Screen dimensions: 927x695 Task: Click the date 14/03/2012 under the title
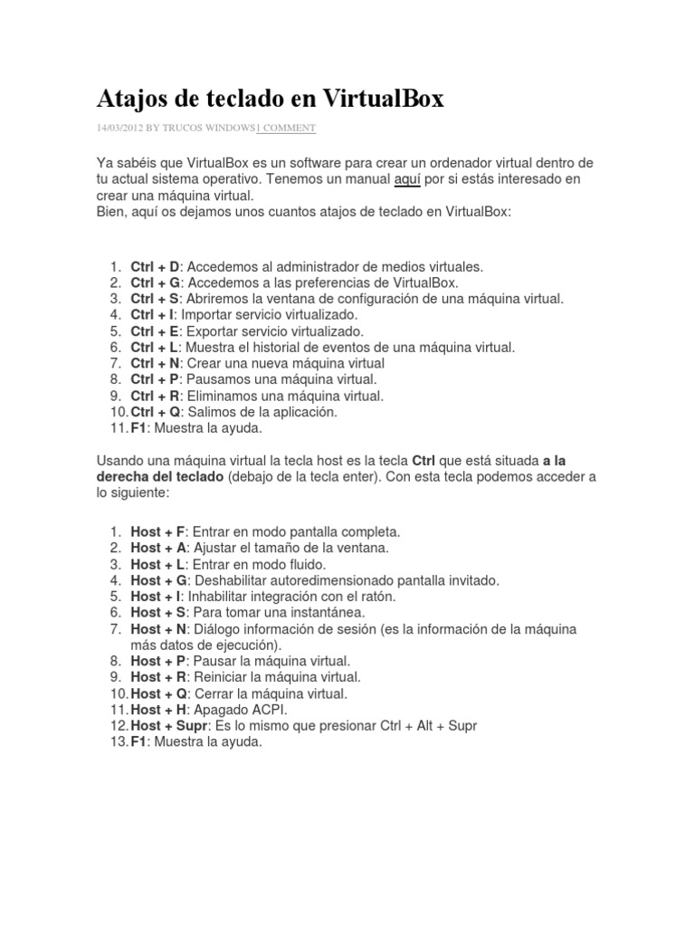[121, 129]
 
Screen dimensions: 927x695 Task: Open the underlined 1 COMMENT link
[286, 129]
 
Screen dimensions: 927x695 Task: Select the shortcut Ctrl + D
[156, 266]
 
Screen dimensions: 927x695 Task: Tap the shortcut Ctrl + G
[156, 282]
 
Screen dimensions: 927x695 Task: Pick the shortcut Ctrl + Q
[156, 411]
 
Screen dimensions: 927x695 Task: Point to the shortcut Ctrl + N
[156, 363]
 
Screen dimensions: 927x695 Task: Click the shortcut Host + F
[157, 531]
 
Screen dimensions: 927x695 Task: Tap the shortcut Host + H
[158, 710]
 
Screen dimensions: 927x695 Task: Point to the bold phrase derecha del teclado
[159, 476]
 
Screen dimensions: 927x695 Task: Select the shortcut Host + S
[158, 612]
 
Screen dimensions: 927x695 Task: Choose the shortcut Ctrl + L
[156, 347]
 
